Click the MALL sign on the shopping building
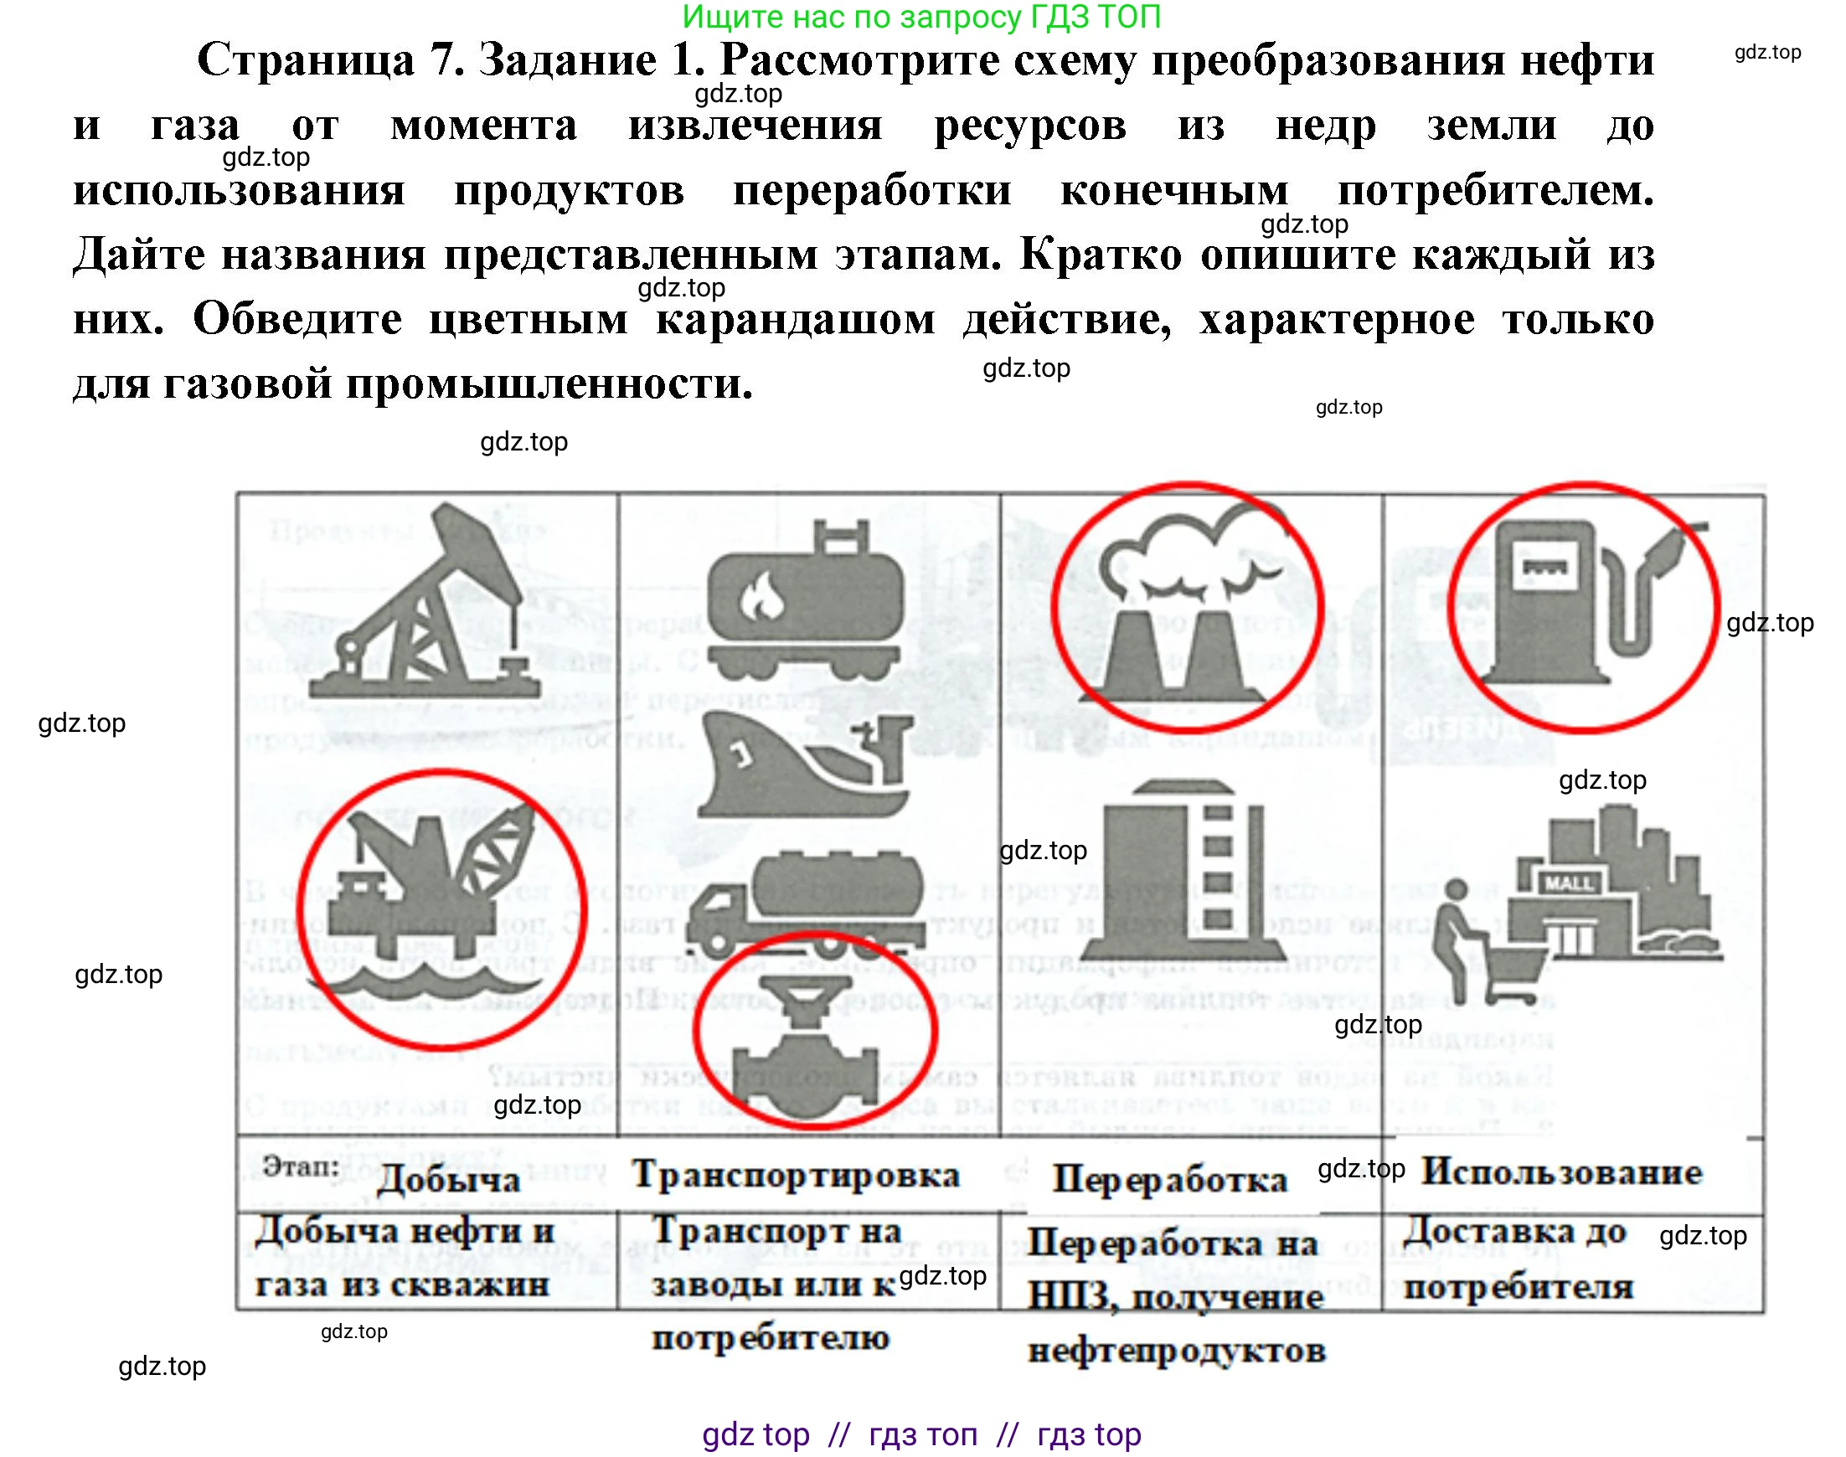click(1568, 883)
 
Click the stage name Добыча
click(448, 1181)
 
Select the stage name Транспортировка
click(795, 1176)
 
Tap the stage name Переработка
click(1168, 1180)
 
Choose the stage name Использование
click(1561, 1173)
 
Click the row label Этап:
click(302, 1166)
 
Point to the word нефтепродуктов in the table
click(1175, 1351)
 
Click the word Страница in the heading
click(307, 59)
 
